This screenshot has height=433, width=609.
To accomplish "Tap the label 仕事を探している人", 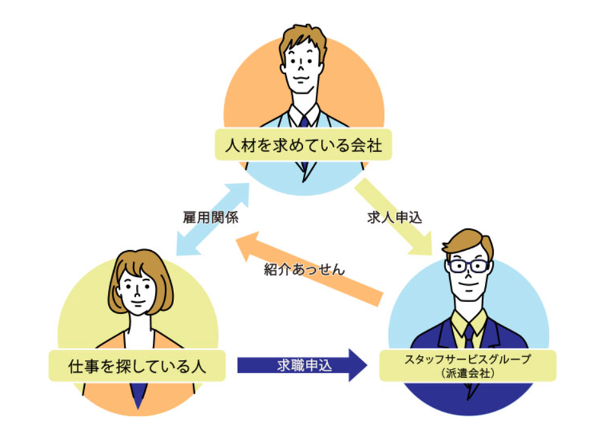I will pos(137,366).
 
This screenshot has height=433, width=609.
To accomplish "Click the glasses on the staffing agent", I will pos(468,265).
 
